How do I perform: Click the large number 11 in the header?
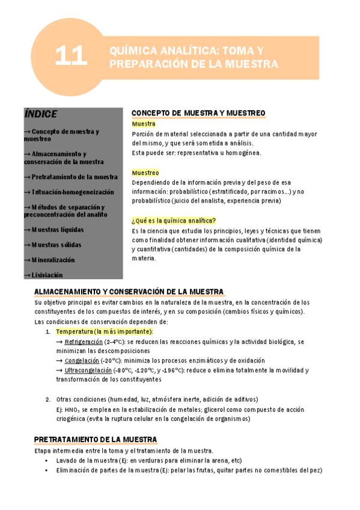(x=71, y=57)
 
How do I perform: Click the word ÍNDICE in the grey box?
(x=41, y=114)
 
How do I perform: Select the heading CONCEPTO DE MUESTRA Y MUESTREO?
(x=198, y=113)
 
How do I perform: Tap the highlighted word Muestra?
(x=143, y=124)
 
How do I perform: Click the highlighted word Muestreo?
(x=145, y=173)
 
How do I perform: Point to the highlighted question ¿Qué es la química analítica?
(x=174, y=220)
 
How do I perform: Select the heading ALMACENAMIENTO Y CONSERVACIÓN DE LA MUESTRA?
(x=129, y=291)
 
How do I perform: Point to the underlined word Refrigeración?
(x=84, y=341)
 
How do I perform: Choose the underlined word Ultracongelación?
(x=88, y=370)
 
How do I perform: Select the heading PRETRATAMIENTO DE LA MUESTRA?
(x=96, y=440)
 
